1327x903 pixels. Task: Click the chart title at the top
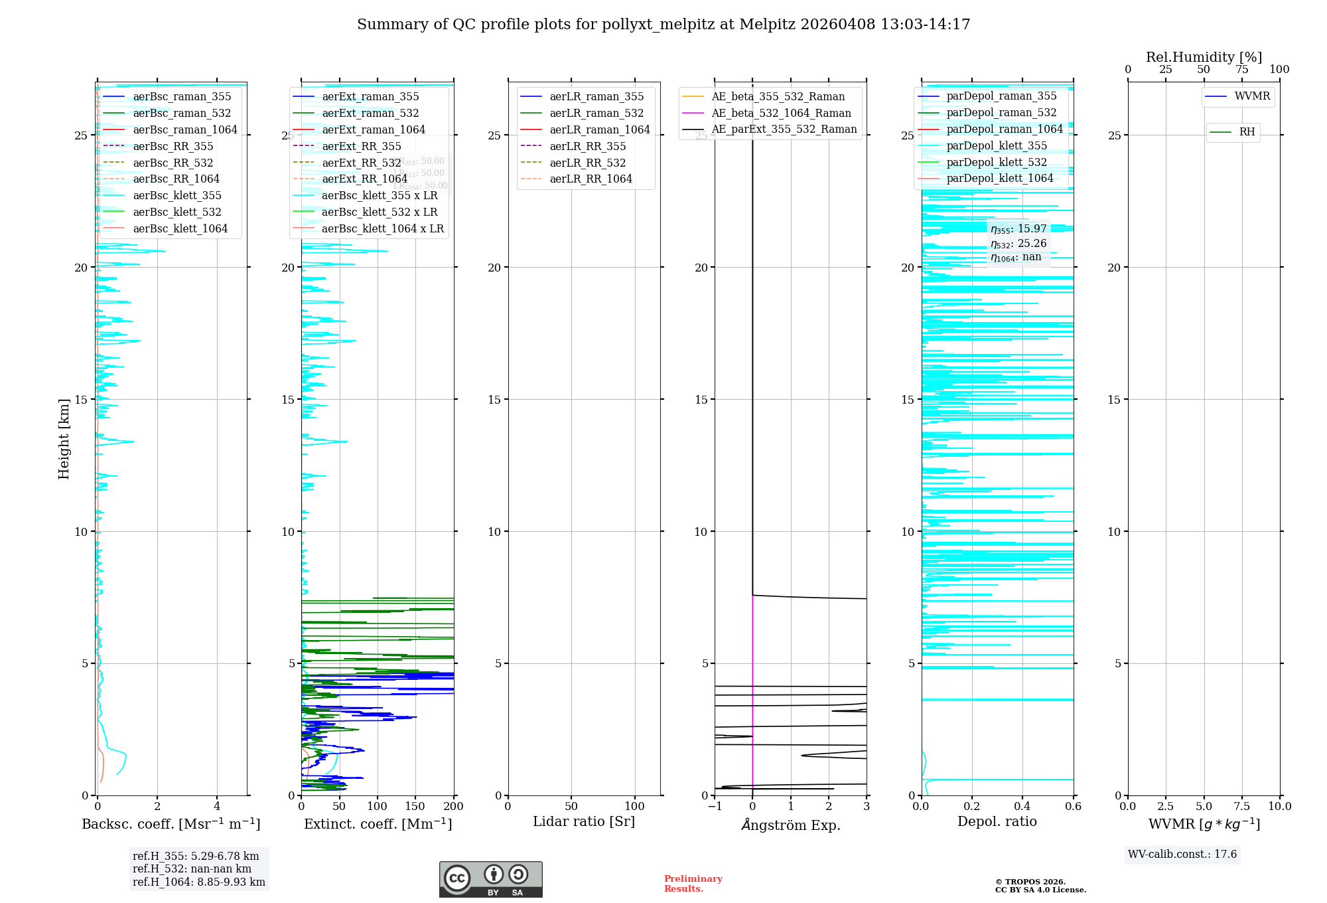[663, 25]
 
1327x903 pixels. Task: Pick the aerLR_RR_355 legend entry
[587, 146]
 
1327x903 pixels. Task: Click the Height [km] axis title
[64, 439]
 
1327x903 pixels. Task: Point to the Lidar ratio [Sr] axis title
[584, 821]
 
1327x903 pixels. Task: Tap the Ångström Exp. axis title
[790, 825]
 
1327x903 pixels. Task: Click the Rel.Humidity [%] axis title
[1204, 57]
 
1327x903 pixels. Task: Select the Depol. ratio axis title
[997, 821]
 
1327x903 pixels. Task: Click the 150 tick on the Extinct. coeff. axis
[415, 806]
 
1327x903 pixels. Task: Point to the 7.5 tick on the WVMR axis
[1242, 806]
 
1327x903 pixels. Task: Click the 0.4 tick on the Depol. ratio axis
[1022, 806]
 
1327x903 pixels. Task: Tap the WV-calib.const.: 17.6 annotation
[1182, 854]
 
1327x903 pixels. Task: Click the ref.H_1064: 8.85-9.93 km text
[199, 882]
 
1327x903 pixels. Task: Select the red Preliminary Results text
[693, 883]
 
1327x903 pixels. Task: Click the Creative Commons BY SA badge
[490, 879]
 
